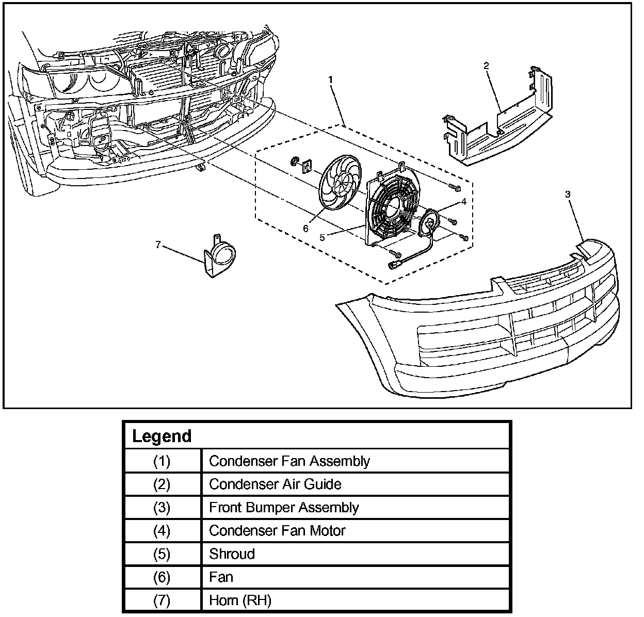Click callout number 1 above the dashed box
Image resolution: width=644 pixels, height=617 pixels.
(x=331, y=80)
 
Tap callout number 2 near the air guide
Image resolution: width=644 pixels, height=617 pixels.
(x=486, y=66)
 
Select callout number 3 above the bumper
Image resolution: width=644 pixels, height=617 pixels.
(x=568, y=194)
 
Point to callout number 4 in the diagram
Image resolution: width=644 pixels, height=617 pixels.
(x=464, y=202)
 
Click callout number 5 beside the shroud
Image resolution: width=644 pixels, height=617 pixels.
(x=322, y=237)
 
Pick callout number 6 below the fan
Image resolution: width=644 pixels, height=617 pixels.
(x=305, y=228)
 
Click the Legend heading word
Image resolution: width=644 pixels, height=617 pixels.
(x=162, y=436)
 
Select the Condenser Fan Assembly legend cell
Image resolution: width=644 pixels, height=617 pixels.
(x=289, y=461)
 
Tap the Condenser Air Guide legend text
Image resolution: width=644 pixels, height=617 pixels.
(x=275, y=484)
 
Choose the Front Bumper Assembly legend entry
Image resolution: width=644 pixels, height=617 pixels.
(x=284, y=507)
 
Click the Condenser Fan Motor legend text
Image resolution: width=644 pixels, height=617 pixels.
(x=277, y=530)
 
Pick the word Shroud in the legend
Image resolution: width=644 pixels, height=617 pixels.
(x=232, y=554)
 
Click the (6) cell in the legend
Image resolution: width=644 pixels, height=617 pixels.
(x=162, y=577)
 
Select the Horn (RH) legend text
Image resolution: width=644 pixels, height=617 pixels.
(x=240, y=600)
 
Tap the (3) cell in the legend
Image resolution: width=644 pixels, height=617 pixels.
(x=162, y=507)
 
